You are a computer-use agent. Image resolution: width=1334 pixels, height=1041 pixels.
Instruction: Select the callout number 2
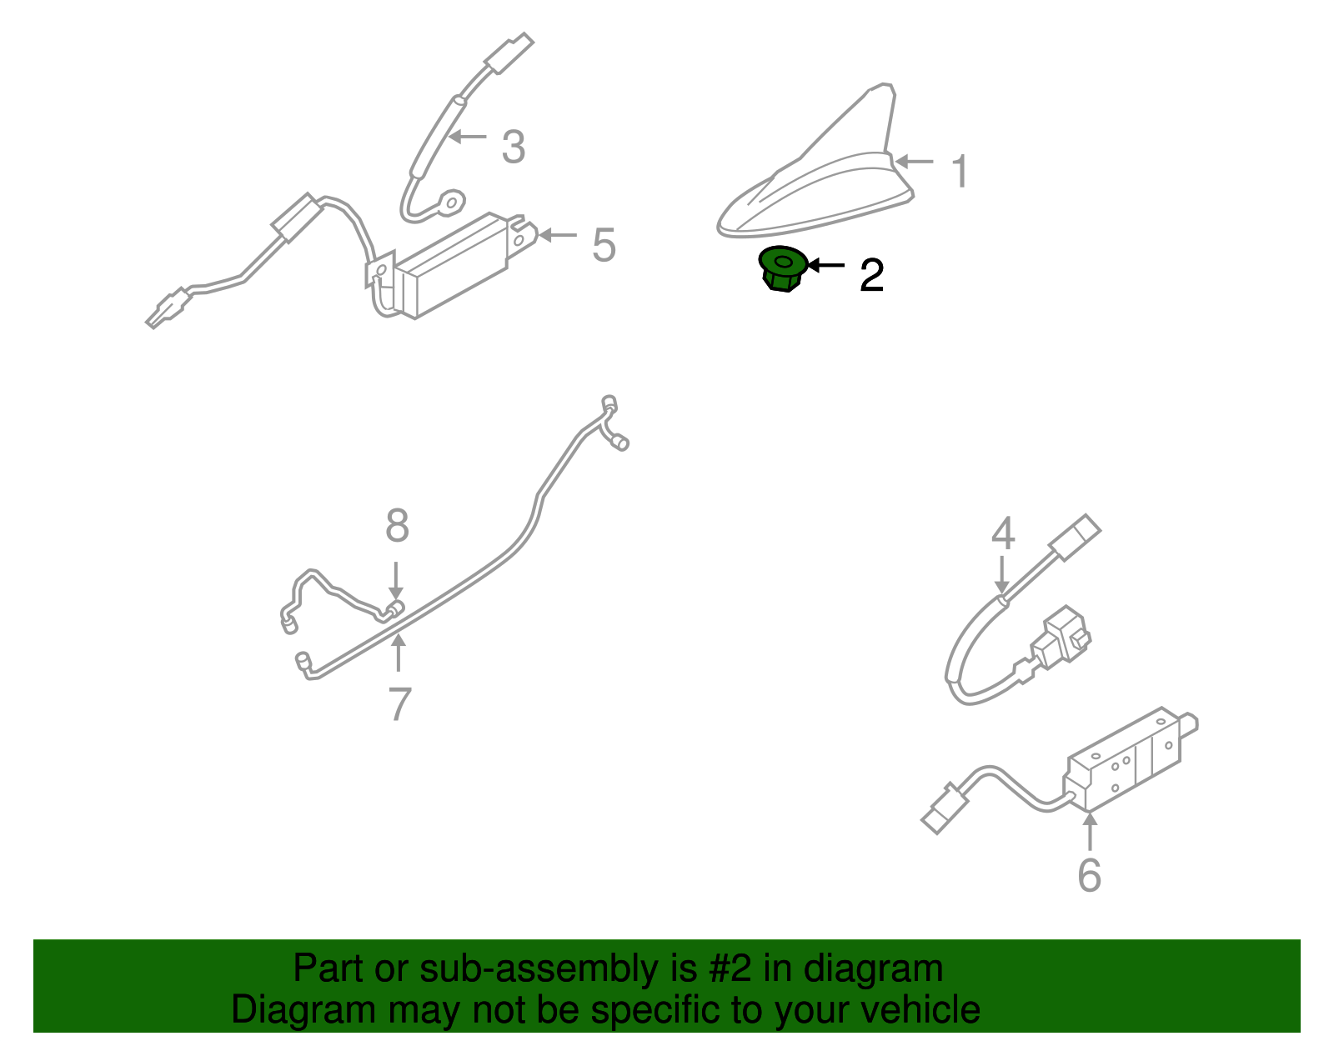(872, 275)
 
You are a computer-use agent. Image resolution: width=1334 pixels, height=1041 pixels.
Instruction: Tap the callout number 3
(514, 148)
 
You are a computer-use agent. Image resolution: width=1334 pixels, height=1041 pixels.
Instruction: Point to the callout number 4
(1003, 533)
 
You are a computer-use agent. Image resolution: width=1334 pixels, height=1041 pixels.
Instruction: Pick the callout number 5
(604, 245)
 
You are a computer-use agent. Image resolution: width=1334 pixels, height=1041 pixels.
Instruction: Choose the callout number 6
(1090, 875)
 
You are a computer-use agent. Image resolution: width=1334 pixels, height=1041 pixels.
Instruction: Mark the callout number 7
(399, 704)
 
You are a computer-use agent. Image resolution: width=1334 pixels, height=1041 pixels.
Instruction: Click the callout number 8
(397, 525)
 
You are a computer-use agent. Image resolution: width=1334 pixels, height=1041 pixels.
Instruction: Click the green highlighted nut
(782, 268)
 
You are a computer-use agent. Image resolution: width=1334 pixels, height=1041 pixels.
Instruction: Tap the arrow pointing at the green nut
(825, 265)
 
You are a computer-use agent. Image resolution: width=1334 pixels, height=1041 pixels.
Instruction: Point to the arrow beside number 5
(558, 235)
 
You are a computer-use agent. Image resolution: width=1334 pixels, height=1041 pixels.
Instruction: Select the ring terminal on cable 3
(453, 202)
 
